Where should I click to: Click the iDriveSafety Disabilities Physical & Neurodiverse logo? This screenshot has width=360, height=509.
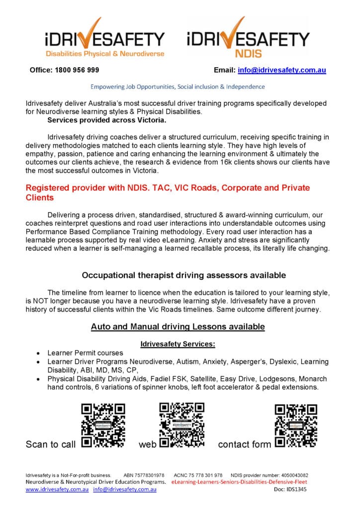click(x=104, y=39)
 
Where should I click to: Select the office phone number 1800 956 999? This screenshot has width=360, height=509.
click(x=64, y=70)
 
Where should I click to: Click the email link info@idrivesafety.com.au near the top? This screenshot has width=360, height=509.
click(x=282, y=70)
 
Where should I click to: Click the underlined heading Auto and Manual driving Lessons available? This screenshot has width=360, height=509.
click(x=178, y=327)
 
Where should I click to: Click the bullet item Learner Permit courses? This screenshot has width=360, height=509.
click(x=85, y=353)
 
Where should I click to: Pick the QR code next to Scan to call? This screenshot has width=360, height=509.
click(x=103, y=425)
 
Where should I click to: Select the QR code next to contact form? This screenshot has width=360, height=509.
click(x=296, y=425)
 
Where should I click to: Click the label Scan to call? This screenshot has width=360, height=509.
click(x=51, y=444)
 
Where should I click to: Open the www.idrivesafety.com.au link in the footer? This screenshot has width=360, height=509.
click(x=57, y=490)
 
